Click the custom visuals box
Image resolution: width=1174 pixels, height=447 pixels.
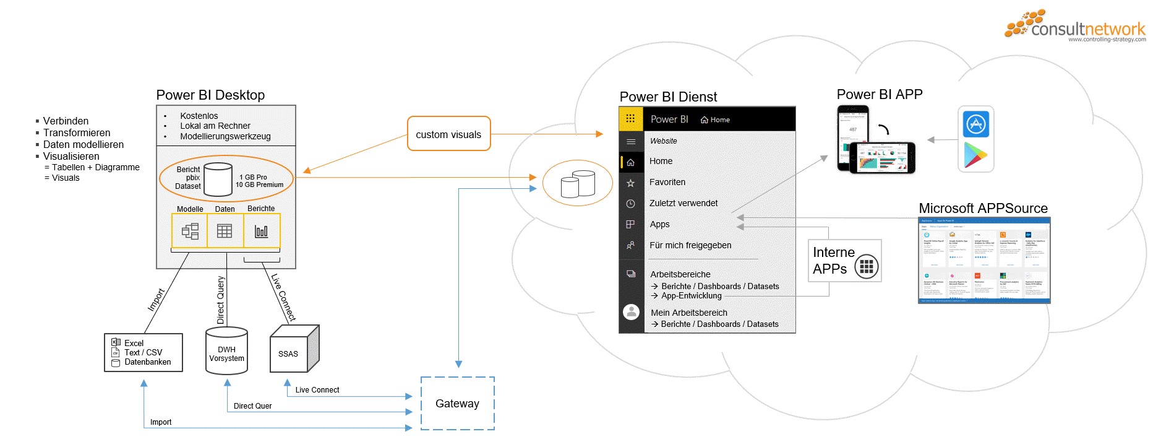pyautogui.click(x=448, y=134)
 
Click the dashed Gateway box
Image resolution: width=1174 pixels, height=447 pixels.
pyautogui.click(x=457, y=404)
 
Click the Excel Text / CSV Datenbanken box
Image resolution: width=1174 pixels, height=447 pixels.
pyautogui.click(x=144, y=352)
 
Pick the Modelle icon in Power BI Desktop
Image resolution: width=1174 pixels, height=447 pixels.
pyautogui.click(x=190, y=231)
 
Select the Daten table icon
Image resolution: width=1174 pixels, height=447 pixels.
pyautogui.click(x=225, y=231)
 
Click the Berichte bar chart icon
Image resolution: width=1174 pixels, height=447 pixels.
pyautogui.click(x=262, y=231)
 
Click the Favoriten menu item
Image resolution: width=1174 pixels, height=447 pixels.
pyautogui.click(x=667, y=182)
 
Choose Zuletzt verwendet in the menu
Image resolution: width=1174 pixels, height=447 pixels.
pyautogui.click(x=683, y=203)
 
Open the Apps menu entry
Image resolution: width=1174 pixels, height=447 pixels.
pyautogui.click(x=659, y=224)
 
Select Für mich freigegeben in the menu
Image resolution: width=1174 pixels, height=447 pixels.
pyautogui.click(x=690, y=245)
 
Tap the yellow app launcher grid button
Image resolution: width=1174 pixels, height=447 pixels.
pyautogui.click(x=630, y=119)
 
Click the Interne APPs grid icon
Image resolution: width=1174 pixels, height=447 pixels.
pyautogui.click(x=867, y=267)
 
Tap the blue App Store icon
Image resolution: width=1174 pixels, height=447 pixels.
pyautogui.click(x=976, y=124)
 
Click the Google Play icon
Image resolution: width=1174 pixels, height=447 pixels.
pyautogui.click(x=975, y=155)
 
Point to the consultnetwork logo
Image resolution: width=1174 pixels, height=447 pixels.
pyautogui.click(x=1076, y=27)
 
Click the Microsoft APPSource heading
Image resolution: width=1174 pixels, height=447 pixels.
pyautogui.click(x=983, y=208)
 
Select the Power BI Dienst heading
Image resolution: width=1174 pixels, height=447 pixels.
pyautogui.click(x=668, y=97)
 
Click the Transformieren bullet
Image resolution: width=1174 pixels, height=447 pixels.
pyautogui.click(x=77, y=132)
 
